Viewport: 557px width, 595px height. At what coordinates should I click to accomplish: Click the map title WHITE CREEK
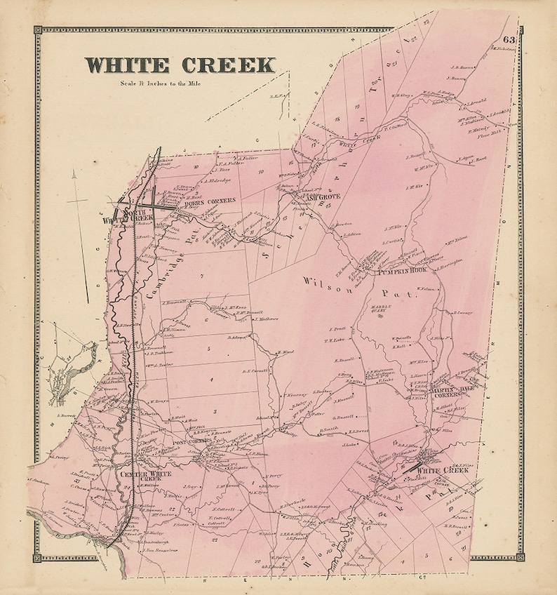(180, 65)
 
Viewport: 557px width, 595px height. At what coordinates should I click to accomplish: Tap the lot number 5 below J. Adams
(208, 348)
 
